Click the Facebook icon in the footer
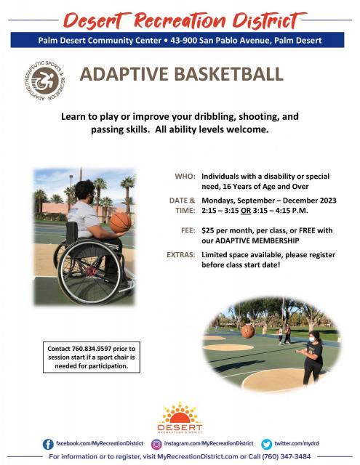point(48,444)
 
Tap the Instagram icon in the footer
point(156,444)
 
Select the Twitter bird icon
point(266,444)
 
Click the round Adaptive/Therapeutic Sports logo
point(45,81)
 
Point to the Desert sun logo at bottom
point(180,418)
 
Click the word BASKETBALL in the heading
point(228,74)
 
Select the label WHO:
point(185,177)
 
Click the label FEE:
point(188,230)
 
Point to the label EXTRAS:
point(181,255)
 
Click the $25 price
point(208,230)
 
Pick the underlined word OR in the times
point(246,211)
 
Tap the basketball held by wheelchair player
point(120,222)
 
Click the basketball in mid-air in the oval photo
point(248,331)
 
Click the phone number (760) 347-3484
point(286,456)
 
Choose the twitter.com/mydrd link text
point(297,443)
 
